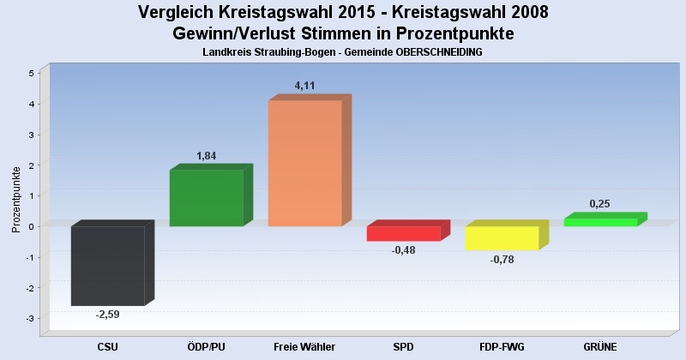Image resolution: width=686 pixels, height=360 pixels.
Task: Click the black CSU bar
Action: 107,266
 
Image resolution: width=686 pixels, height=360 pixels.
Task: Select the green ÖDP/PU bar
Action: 206,197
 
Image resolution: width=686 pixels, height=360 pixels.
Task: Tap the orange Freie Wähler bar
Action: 304,163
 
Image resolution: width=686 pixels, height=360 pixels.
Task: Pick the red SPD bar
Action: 403,233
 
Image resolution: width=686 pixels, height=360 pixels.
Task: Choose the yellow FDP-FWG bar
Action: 502,237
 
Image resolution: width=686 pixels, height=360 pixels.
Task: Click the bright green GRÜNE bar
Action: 600,222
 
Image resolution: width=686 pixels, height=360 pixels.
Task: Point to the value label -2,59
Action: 108,315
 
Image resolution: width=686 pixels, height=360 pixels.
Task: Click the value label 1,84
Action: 207,156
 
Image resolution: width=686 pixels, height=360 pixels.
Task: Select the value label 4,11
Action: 305,86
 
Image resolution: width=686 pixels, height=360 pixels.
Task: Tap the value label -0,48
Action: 403,250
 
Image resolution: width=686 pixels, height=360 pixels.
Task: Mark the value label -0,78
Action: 502,260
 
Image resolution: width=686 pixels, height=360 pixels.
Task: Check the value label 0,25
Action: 600,203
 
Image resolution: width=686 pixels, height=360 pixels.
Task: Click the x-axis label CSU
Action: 108,346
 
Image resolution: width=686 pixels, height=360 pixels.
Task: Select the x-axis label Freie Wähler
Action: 304,346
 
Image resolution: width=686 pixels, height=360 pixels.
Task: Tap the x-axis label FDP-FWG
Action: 502,346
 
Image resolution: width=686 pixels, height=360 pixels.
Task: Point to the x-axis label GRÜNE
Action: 600,346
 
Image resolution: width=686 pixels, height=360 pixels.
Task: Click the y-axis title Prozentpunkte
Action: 16,199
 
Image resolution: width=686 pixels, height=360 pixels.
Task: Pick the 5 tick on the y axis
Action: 31,74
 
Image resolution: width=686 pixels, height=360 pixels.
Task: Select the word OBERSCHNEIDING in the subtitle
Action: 440,52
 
